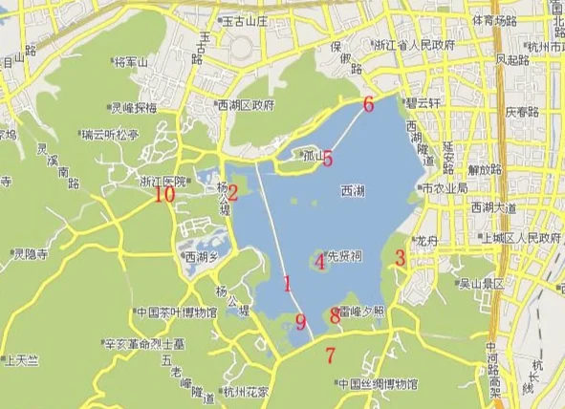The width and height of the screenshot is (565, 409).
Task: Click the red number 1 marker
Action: point(287,283)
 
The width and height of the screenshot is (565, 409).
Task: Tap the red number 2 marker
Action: point(232,190)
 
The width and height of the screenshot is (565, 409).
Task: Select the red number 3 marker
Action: point(401,257)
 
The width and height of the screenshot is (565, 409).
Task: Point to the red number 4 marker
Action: point(320,262)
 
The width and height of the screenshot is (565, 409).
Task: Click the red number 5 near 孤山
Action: point(327,159)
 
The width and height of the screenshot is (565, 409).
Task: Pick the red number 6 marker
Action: point(368,104)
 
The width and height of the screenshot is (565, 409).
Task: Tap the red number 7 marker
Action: point(331,357)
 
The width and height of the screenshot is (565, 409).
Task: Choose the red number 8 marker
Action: point(335,314)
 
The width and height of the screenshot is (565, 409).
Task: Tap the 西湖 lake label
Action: point(353,191)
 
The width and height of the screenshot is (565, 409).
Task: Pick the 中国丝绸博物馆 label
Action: point(379,384)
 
